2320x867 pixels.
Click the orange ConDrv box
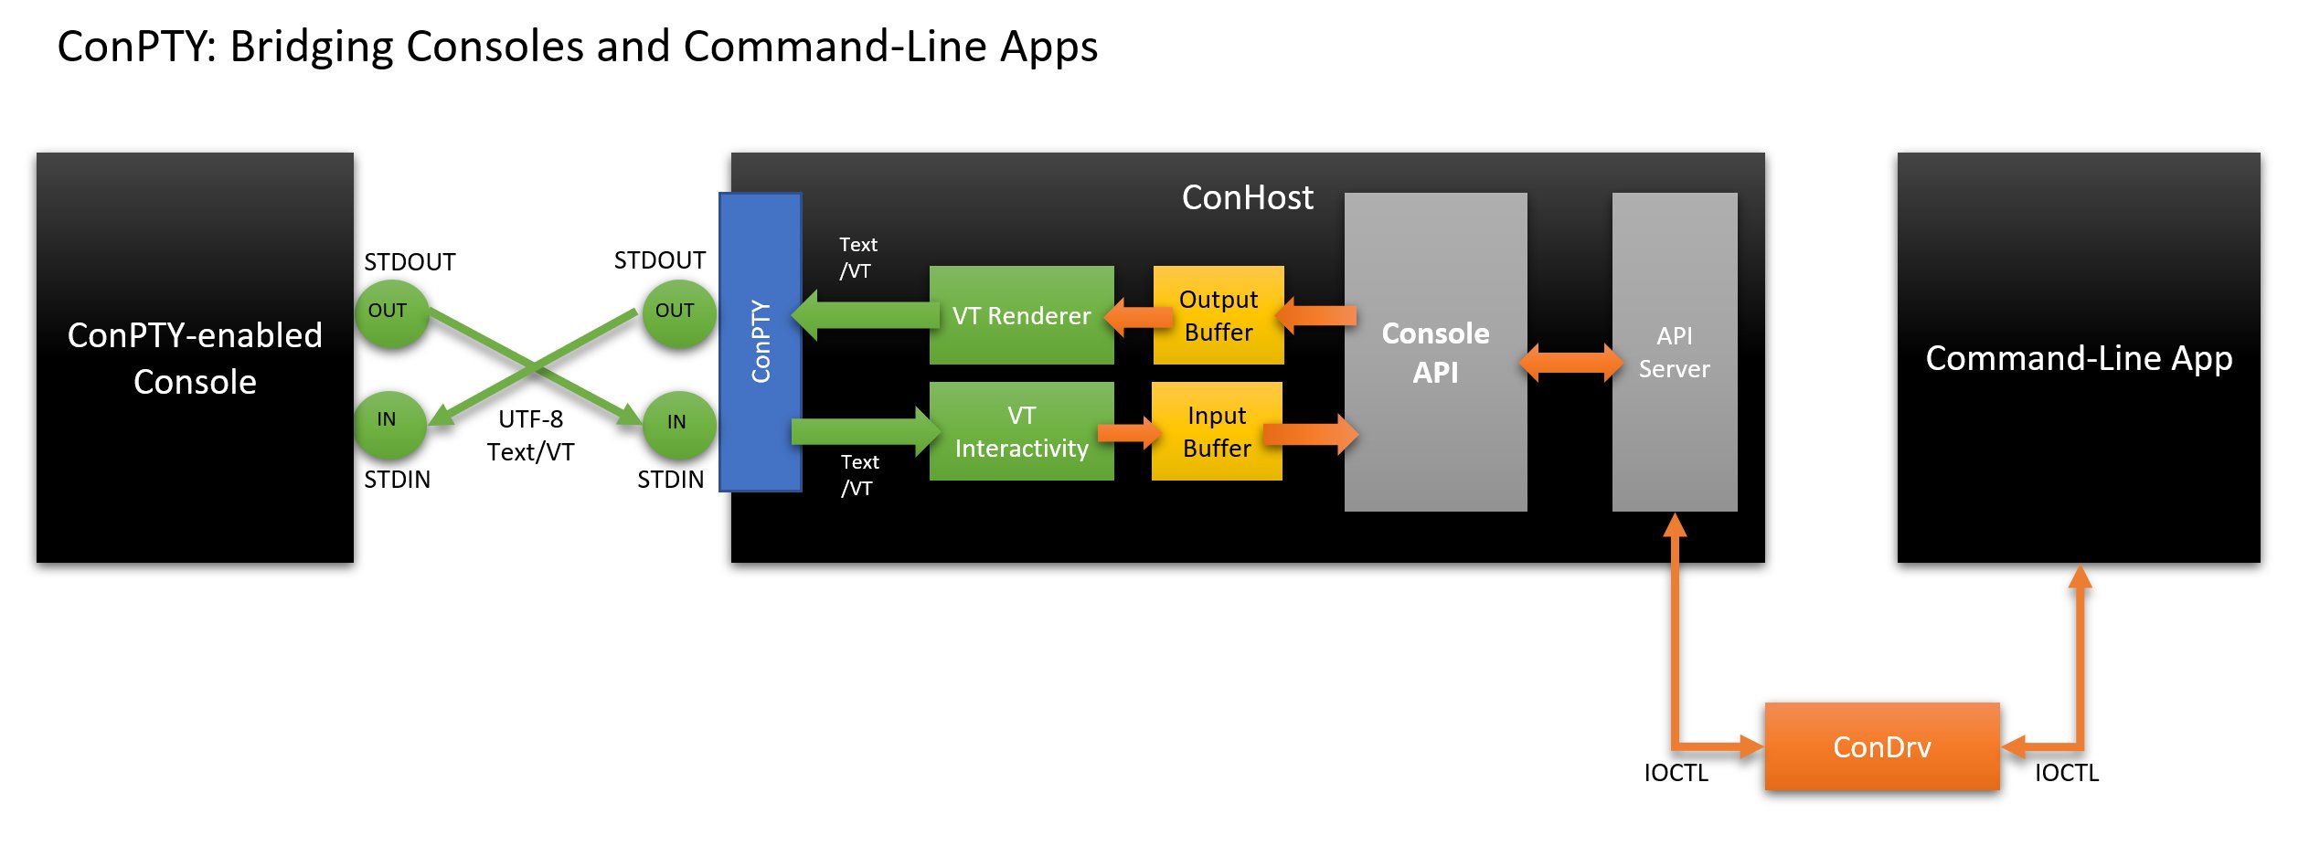point(1881,746)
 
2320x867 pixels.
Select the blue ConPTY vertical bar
point(761,343)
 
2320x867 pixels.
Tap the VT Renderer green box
point(1021,316)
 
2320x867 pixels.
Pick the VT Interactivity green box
point(1021,431)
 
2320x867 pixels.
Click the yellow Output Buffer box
point(1218,316)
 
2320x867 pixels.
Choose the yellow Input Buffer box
point(1216,431)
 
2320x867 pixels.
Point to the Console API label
point(1435,353)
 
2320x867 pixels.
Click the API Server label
point(1674,353)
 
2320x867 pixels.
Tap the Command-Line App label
point(2079,358)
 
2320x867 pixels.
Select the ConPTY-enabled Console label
point(195,358)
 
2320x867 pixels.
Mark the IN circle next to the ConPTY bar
point(677,424)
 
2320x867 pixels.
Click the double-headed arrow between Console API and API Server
point(1570,363)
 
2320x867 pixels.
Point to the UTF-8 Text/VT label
point(530,436)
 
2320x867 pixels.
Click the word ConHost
point(1247,198)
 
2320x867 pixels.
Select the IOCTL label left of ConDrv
point(1676,773)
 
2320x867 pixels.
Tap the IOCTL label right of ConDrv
point(2066,773)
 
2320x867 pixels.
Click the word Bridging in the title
point(311,48)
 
